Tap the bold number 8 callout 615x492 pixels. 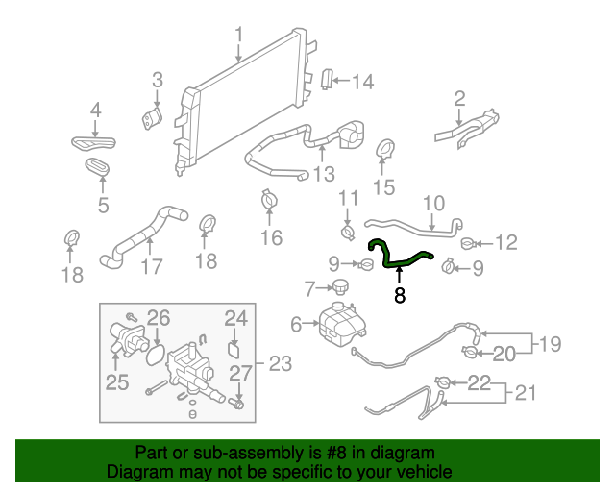click(x=400, y=296)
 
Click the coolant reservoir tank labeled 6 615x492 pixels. click(x=337, y=323)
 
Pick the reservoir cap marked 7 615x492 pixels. click(x=338, y=287)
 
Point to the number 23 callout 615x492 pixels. click(x=279, y=363)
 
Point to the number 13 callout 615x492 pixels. click(x=324, y=174)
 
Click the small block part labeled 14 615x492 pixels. click(x=327, y=81)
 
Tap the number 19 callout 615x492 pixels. click(x=550, y=344)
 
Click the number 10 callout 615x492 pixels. click(x=433, y=204)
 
